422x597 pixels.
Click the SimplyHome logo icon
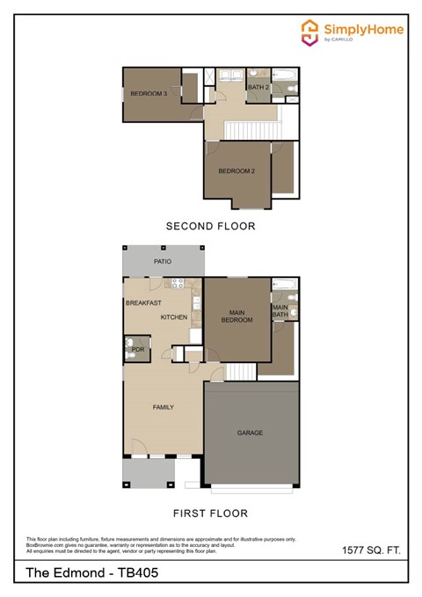click(x=309, y=33)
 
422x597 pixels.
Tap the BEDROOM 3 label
click(x=149, y=93)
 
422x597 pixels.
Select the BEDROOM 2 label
click(x=236, y=171)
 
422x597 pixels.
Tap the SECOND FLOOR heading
click(x=211, y=226)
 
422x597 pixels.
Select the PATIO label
click(x=163, y=262)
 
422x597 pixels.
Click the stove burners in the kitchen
click(x=176, y=283)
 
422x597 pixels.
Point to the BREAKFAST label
click(x=143, y=302)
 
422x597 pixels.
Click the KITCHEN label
click(x=174, y=317)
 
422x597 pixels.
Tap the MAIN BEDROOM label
click(x=236, y=316)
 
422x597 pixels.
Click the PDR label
click(x=137, y=350)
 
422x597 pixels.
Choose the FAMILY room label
click(x=163, y=407)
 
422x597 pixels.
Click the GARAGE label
click(x=251, y=433)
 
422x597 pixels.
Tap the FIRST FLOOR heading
click(x=211, y=513)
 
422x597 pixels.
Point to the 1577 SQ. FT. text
click(x=371, y=550)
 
